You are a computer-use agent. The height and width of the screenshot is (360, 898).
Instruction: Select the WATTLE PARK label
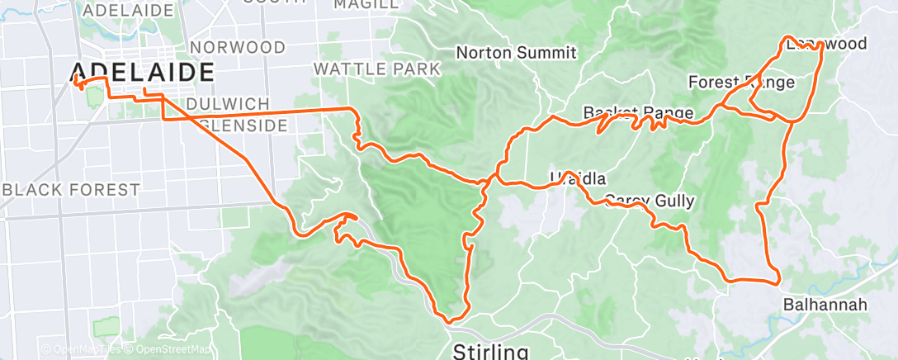(x=377, y=69)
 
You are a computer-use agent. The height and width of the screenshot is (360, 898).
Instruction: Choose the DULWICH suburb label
(x=228, y=104)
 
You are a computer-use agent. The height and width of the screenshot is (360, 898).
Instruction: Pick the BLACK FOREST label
(x=71, y=190)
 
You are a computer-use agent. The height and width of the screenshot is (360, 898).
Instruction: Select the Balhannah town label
(x=825, y=306)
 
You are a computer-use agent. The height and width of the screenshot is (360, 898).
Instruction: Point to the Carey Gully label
(x=649, y=201)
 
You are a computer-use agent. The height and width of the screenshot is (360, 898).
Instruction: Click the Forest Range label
(x=741, y=83)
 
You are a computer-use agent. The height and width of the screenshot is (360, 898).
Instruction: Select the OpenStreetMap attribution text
(x=168, y=350)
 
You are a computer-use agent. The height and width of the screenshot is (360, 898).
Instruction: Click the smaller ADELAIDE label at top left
(x=129, y=11)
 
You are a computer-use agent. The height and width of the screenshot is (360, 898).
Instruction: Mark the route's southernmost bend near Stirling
(x=450, y=320)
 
